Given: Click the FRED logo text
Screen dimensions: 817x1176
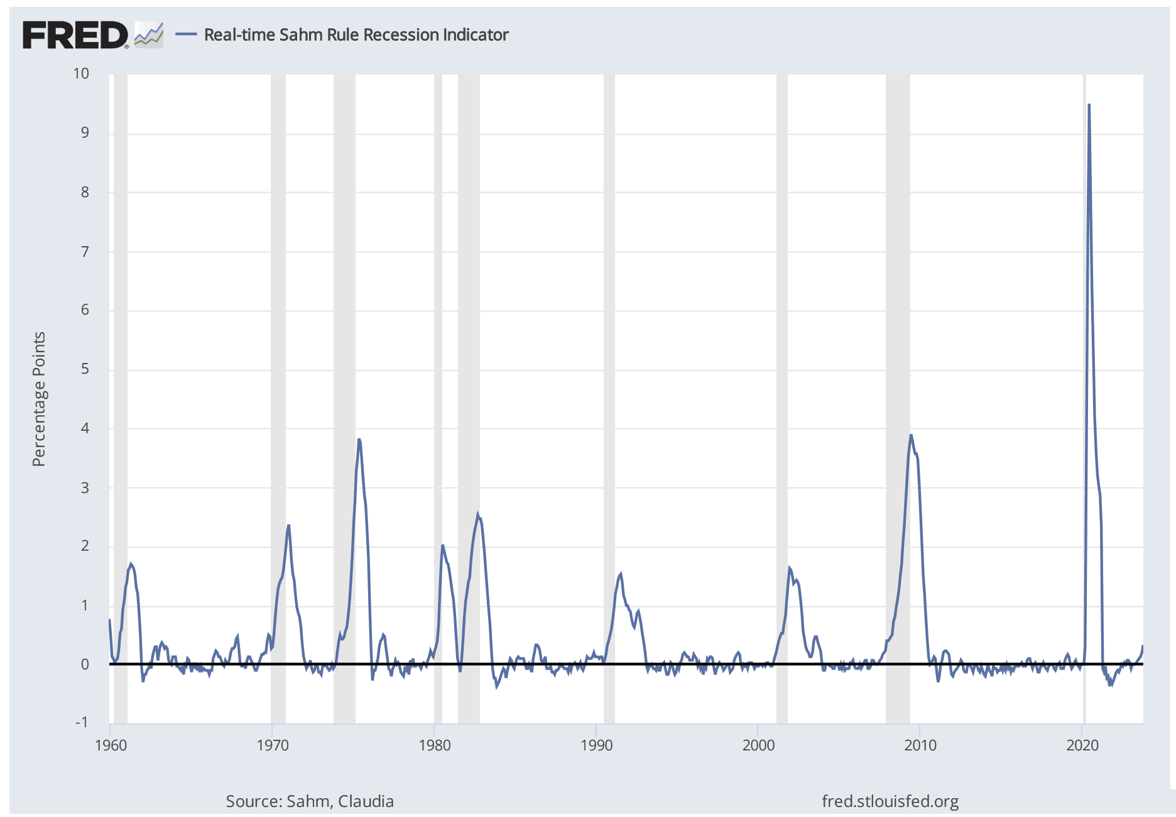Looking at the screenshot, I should pyautogui.click(x=75, y=35).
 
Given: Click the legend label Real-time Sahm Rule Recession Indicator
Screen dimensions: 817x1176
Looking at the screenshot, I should pyautogui.click(x=356, y=35).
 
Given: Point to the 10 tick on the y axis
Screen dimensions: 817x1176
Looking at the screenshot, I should pyautogui.click(x=81, y=73).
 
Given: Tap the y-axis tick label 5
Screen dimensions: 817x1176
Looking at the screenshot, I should pyautogui.click(x=85, y=369).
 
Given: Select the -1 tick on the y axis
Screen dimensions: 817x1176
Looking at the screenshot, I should pyautogui.click(x=82, y=722).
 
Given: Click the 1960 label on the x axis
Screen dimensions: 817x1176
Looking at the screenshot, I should pyautogui.click(x=111, y=745).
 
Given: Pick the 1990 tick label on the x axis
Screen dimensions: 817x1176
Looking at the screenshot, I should pyautogui.click(x=596, y=745).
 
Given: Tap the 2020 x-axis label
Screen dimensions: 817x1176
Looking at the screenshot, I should pyautogui.click(x=1082, y=745).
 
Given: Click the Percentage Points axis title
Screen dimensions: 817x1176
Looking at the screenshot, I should pyautogui.click(x=39, y=399).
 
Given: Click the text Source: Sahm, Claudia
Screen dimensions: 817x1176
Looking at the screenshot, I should pyautogui.click(x=310, y=801).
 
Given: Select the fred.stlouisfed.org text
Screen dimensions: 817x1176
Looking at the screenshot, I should pyautogui.click(x=890, y=801).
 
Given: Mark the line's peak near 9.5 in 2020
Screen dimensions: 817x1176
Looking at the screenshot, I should pyautogui.click(x=1089, y=105).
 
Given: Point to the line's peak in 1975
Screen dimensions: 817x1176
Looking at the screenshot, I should pyautogui.click(x=359, y=440).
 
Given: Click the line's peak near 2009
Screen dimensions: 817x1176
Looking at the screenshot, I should pyautogui.click(x=911, y=435).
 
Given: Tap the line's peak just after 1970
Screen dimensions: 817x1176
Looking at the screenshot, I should pyautogui.click(x=288, y=526).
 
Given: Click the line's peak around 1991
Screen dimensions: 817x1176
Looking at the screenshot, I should pyautogui.click(x=621, y=573).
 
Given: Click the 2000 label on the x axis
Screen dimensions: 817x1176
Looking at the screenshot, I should pyautogui.click(x=758, y=745).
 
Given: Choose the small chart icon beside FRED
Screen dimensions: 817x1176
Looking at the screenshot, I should pyautogui.click(x=149, y=35).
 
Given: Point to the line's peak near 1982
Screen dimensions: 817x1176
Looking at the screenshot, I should pyautogui.click(x=477, y=514).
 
